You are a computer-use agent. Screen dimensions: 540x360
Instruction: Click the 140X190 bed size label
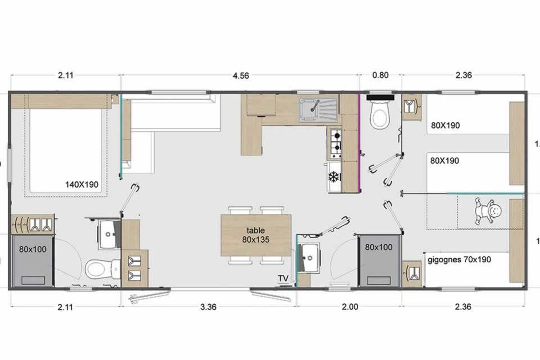pyautogui.click(x=82, y=184)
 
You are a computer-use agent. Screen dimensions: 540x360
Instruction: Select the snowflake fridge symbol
pyautogui.click(x=333, y=177)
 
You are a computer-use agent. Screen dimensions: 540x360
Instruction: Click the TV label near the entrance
pyautogui.click(x=283, y=278)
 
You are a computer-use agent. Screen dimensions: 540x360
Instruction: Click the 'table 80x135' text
pyautogui.click(x=256, y=235)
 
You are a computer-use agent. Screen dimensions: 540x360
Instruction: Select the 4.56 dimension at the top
pyautogui.click(x=241, y=76)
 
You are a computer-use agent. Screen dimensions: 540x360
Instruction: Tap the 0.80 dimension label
pyautogui.click(x=380, y=75)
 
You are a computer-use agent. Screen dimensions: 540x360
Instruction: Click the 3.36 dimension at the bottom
pyautogui.click(x=208, y=307)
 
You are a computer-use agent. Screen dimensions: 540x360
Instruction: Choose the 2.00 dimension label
pyautogui.click(x=350, y=307)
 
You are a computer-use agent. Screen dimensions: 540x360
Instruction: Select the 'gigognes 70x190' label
pyautogui.click(x=459, y=260)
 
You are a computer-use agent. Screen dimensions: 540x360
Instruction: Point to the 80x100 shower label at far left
pyautogui.click(x=33, y=249)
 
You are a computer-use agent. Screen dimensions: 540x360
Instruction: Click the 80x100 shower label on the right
pyautogui.click(x=379, y=247)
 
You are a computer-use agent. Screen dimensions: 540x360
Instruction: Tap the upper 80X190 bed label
pyautogui.click(x=445, y=126)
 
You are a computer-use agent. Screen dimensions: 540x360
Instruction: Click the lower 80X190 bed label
pyautogui.click(x=445, y=161)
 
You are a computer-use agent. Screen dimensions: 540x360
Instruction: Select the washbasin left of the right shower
pyautogui.click(x=309, y=258)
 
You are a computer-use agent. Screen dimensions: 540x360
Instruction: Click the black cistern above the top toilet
pyautogui.click(x=380, y=97)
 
